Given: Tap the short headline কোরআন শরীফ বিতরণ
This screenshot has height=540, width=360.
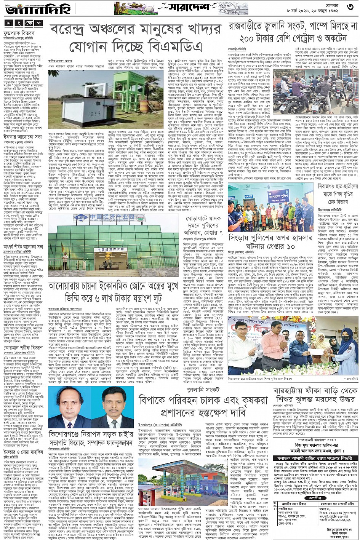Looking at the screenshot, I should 23,347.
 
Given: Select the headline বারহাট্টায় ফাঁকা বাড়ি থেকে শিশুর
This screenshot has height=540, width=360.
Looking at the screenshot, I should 316,398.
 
